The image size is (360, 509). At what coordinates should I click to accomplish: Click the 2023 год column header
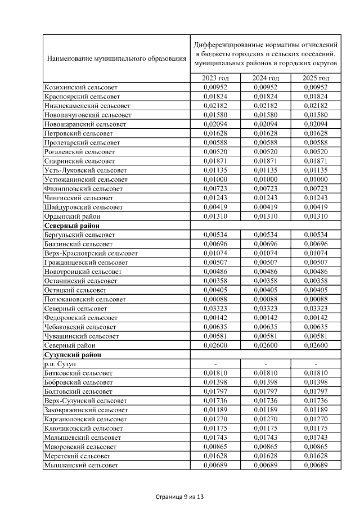[216, 78]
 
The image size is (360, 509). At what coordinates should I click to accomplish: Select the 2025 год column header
[315, 78]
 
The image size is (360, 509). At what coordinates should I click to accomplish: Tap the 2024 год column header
[265, 78]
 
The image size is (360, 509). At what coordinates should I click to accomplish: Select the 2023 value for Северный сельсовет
[216, 309]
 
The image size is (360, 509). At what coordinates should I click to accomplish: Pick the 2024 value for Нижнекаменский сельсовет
[265, 106]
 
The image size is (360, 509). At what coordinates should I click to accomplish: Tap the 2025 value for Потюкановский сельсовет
[315, 299]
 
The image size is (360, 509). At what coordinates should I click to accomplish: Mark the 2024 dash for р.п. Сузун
[265, 364]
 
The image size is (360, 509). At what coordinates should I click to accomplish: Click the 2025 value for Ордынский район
[315, 216]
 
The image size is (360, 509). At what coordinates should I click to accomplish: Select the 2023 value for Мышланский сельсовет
[216, 465]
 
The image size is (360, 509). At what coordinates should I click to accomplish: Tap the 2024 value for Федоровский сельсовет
[265, 318]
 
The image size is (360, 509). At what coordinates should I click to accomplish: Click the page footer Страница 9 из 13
[179, 497]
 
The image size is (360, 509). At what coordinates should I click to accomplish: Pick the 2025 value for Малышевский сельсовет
[315, 438]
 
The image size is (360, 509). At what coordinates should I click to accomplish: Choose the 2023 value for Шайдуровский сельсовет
[216, 207]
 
